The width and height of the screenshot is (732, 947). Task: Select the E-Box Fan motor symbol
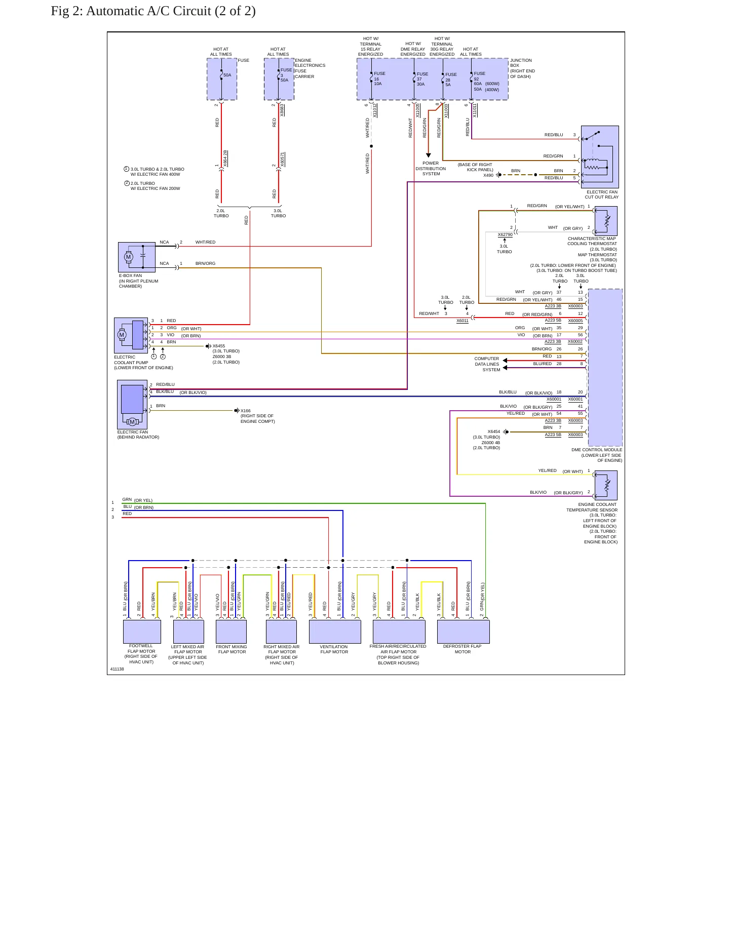pyautogui.click(x=128, y=257)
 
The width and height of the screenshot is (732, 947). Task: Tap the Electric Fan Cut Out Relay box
pyautogui.click(x=600, y=156)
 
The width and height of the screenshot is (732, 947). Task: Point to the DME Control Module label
pyautogui.click(x=597, y=455)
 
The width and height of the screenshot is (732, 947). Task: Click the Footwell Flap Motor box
pyautogui.click(x=142, y=632)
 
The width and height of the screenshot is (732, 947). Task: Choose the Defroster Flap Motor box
pyautogui.click(x=463, y=632)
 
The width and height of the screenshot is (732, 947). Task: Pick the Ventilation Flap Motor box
pyautogui.click(x=335, y=632)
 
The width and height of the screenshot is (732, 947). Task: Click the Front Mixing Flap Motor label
pyautogui.click(x=232, y=649)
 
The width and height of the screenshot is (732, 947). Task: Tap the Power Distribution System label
pyautogui.click(x=431, y=169)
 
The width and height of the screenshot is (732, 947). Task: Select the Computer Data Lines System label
pyautogui.click(x=487, y=364)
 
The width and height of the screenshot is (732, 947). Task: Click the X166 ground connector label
pyautogui.click(x=246, y=411)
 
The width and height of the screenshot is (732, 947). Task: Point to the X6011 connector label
pyautogui.click(x=463, y=321)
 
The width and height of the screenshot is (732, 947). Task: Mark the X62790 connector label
pyautogui.click(x=505, y=234)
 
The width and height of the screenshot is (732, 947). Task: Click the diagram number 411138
pyautogui.click(x=117, y=669)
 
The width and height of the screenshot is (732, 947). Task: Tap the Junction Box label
pyautogui.click(x=522, y=68)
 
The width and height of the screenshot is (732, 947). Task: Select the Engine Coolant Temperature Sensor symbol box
pyautogui.click(x=606, y=485)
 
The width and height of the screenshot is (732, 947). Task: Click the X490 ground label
pyautogui.click(x=488, y=175)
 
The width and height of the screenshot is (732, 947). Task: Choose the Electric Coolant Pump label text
pyautogui.click(x=143, y=362)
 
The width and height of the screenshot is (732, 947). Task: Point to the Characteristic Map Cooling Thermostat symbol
pyautogui.click(x=606, y=221)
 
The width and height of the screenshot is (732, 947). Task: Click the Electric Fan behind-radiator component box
pyautogui.click(x=132, y=405)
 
